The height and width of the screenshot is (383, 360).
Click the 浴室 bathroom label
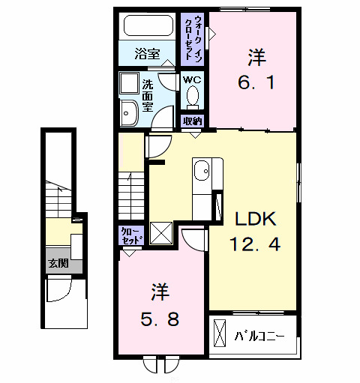click(148, 54)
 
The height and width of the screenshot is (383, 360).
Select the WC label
click(192, 77)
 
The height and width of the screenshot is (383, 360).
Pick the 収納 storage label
click(192, 121)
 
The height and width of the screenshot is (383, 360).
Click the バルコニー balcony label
click(259, 335)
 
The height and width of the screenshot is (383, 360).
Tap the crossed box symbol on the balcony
click(220, 334)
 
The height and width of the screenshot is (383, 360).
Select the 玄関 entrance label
click(58, 263)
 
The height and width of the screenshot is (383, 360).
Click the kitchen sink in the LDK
click(202, 172)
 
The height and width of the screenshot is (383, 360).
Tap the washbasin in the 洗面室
click(128, 110)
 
